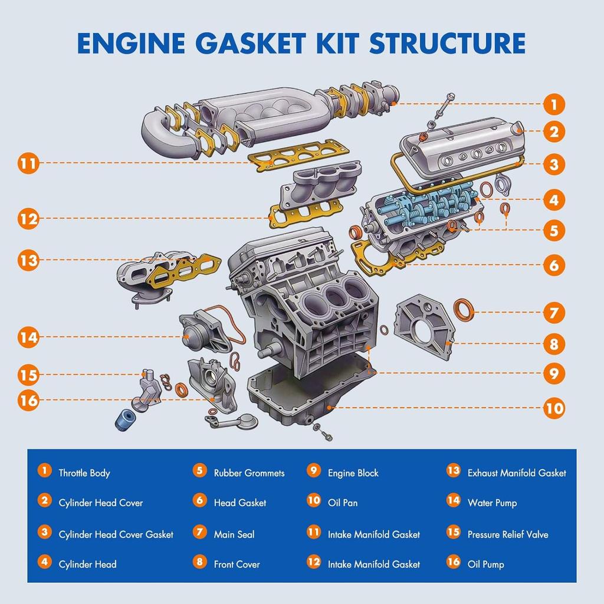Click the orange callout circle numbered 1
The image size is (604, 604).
click(553, 105)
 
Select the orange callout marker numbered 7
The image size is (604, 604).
click(553, 312)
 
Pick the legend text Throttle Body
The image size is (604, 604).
click(84, 473)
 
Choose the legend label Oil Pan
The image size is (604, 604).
click(343, 503)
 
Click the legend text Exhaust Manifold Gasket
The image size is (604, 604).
click(517, 473)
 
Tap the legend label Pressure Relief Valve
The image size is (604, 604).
click(508, 534)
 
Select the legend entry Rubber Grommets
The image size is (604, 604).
click(249, 473)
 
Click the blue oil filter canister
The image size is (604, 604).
click(124, 419)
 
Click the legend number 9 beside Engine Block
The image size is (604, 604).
click(314, 471)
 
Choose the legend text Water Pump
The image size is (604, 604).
click(492, 503)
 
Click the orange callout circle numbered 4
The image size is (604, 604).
click(553, 200)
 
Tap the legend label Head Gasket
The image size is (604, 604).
click(240, 503)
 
